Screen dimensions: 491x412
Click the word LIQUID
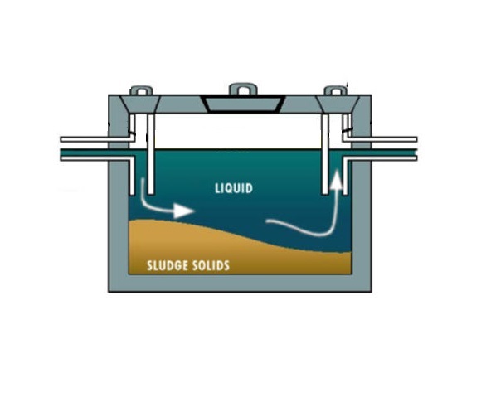(234, 188)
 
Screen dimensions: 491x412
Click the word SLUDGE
(168, 265)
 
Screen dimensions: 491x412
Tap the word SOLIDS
(211, 265)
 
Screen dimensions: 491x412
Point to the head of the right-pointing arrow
(183, 211)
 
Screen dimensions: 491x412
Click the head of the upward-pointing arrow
(337, 179)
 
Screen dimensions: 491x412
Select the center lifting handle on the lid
(243, 89)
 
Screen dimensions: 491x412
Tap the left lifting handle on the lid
(142, 90)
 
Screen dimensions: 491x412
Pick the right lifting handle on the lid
(336, 90)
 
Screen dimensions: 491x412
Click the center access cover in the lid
(243, 104)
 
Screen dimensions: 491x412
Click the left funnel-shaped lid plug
(141, 104)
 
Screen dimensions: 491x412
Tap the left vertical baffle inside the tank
(151, 153)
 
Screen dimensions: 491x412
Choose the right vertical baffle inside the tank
(325, 153)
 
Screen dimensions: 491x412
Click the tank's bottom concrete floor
(240, 283)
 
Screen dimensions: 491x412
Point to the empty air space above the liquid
(238, 132)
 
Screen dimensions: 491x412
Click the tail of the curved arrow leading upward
(267, 222)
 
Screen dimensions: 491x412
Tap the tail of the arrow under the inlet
(143, 180)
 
